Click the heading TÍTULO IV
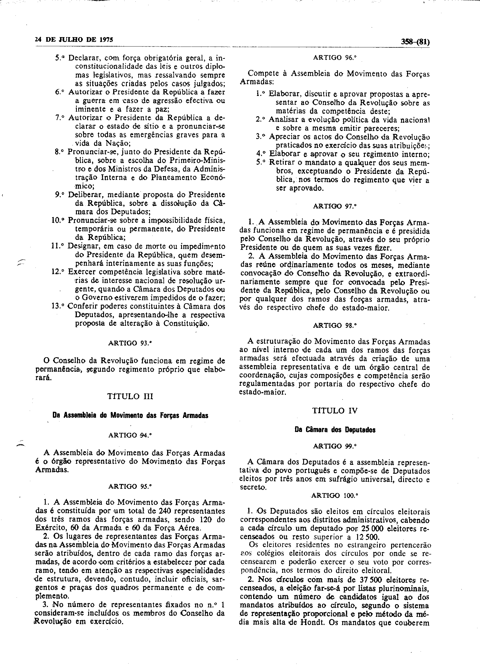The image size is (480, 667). [335, 411]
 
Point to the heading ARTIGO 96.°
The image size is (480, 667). [335, 58]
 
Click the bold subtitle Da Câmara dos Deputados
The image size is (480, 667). [335, 430]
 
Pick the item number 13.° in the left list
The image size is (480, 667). [58, 306]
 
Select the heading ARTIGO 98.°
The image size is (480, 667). [335, 326]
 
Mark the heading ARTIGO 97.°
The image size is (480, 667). [335, 206]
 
